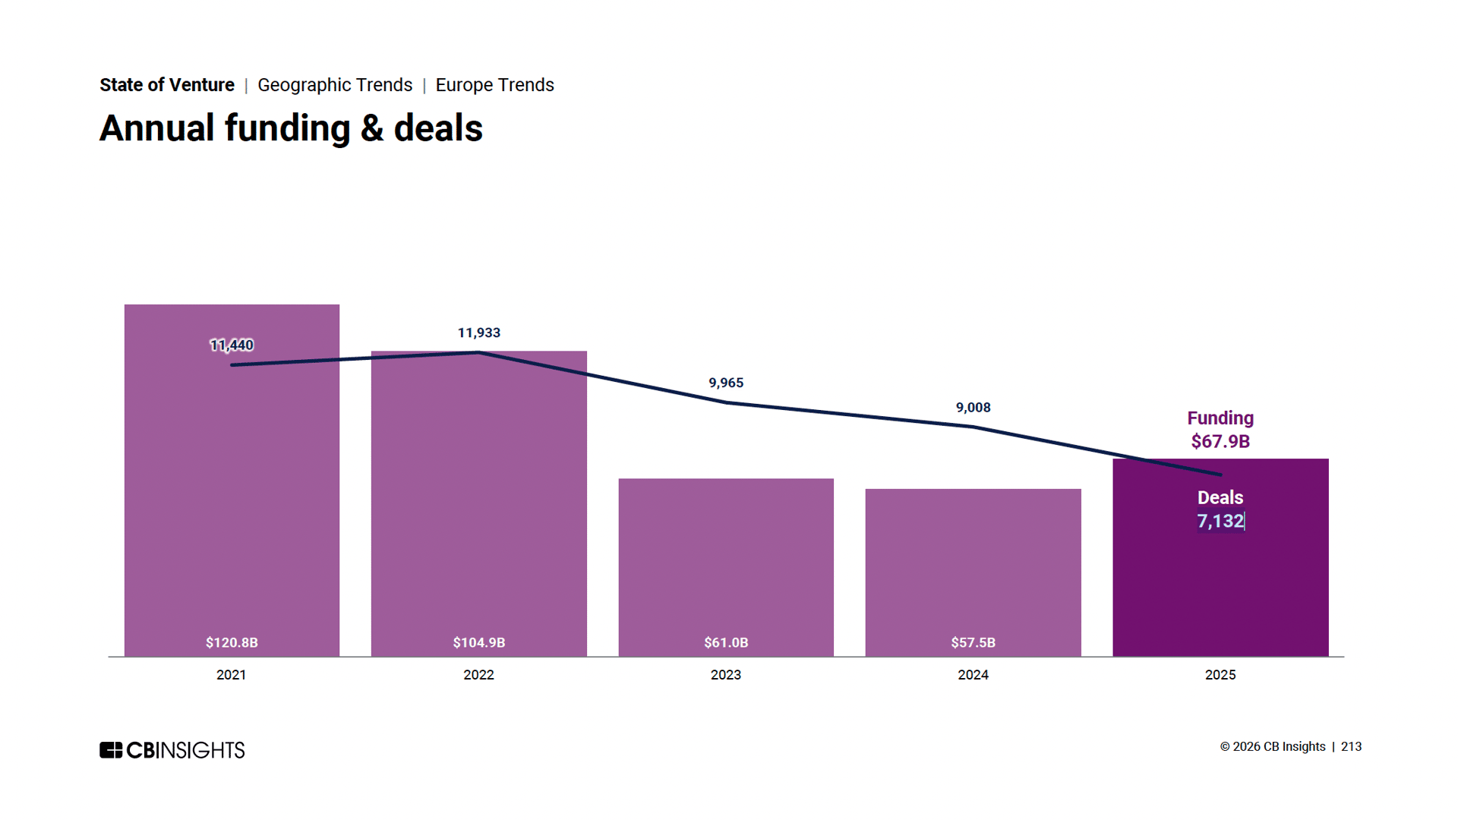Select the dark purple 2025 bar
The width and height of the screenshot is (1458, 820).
tap(1220, 585)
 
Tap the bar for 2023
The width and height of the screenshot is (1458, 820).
tap(726, 562)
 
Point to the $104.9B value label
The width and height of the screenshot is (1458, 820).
tap(479, 642)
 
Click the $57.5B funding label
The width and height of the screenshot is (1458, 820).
tap(973, 642)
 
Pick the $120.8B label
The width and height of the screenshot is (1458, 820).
tap(232, 642)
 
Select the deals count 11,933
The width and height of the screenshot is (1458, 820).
tap(479, 333)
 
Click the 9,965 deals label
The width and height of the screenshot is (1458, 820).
tap(726, 383)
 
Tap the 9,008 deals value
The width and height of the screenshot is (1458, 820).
tap(973, 408)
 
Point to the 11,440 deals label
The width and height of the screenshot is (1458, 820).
tap(232, 345)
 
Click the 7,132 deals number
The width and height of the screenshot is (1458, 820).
tap(1220, 522)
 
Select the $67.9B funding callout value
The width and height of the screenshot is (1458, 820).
tap(1220, 441)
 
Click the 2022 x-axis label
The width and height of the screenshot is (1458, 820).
tap(478, 675)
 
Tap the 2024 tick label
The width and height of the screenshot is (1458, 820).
tap(973, 675)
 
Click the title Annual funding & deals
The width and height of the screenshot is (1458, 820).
tap(291, 128)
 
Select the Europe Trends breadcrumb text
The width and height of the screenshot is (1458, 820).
tap(494, 85)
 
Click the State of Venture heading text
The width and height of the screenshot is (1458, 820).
tap(167, 85)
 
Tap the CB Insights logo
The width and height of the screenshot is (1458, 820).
tap(172, 750)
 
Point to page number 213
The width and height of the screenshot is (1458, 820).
tap(1351, 747)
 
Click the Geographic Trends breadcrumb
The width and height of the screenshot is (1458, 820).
tap(335, 85)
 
